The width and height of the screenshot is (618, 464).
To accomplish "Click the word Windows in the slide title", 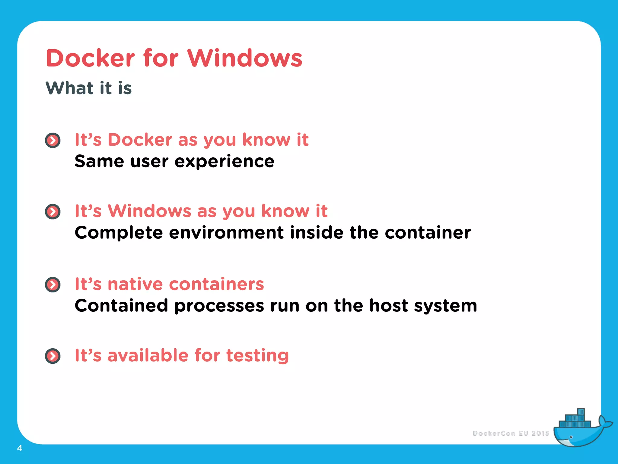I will click(x=244, y=58).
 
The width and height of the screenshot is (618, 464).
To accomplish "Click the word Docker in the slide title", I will click(x=91, y=58).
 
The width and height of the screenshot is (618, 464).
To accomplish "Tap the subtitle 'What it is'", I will click(x=89, y=88).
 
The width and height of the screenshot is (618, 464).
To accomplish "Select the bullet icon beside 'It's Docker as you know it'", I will click(x=53, y=140).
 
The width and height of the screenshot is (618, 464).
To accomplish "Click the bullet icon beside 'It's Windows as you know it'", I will click(x=53, y=211).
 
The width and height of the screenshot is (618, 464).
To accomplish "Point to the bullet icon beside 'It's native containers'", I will click(x=53, y=285).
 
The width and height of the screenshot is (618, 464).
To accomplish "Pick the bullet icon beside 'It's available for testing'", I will click(x=53, y=356).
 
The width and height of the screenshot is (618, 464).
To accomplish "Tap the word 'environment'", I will click(x=226, y=233).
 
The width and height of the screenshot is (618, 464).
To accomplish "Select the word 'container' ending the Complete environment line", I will click(x=428, y=233).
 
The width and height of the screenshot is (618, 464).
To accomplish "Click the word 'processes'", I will click(x=219, y=306).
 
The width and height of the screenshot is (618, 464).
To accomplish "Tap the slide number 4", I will click(x=20, y=448).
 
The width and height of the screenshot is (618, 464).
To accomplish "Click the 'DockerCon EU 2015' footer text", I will click(x=511, y=433).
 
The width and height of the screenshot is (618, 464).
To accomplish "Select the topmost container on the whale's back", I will click(x=581, y=412).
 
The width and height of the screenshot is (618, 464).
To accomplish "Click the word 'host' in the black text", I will click(x=389, y=306).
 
